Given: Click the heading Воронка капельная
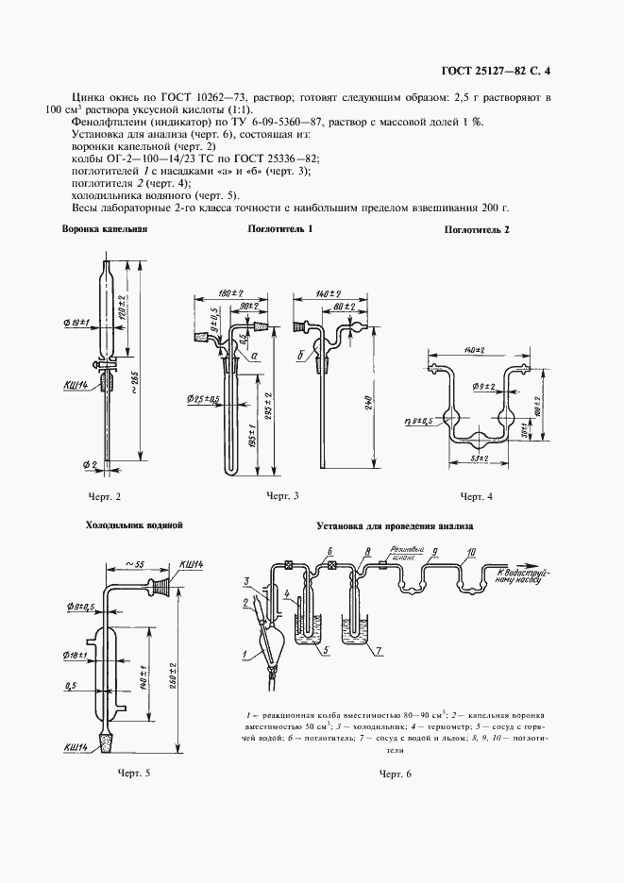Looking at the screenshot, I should (105, 229).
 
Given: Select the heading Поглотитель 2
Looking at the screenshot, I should (477, 230).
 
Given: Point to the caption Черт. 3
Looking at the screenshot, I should (282, 495).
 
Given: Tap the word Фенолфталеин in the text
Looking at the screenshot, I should (104, 122).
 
